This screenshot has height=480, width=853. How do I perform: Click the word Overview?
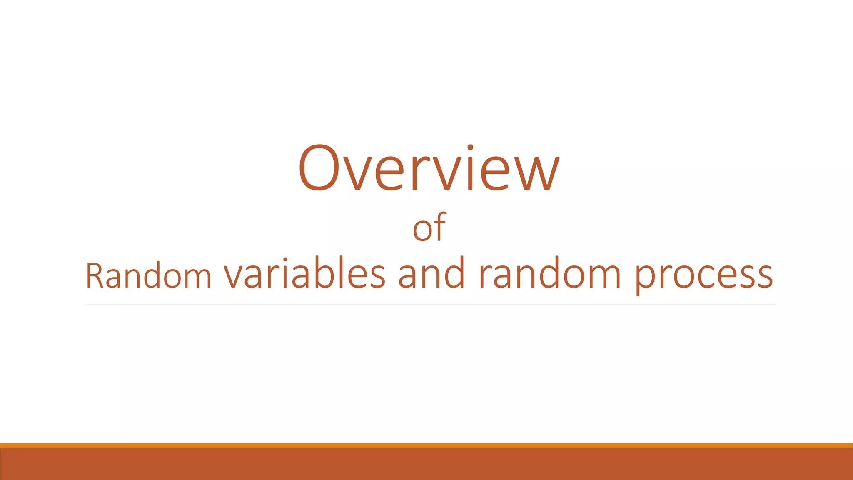coord(429,169)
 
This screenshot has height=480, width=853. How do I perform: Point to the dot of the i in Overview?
coord(470,147)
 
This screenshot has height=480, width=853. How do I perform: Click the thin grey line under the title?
coord(429,304)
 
